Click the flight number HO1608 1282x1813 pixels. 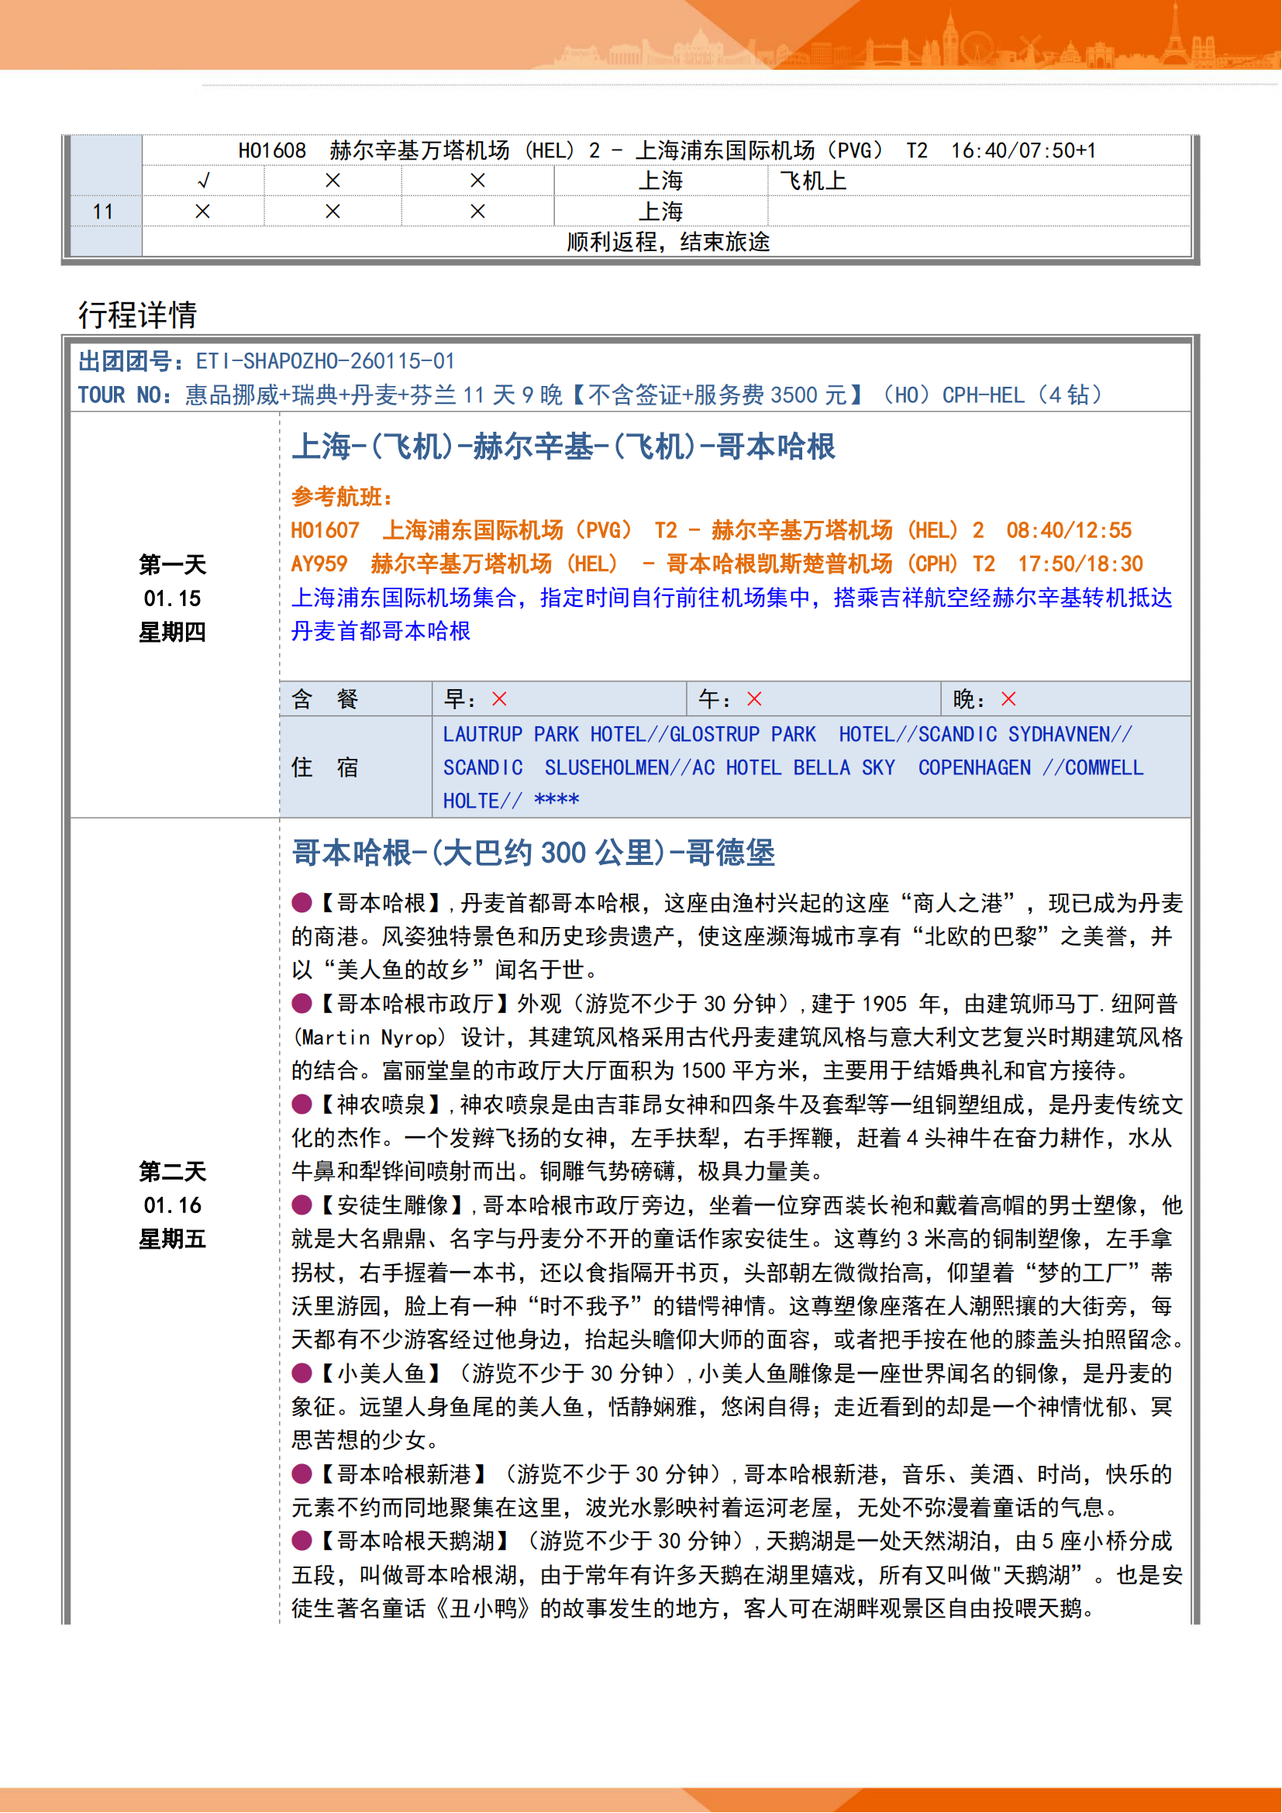pyautogui.click(x=271, y=150)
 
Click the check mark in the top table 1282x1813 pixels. pyautogui.click(x=203, y=181)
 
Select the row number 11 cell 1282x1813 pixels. pyautogui.click(x=102, y=212)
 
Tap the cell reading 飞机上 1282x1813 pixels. pyautogui.click(x=813, y=181)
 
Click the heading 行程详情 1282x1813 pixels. pyautogui.click(x=137, y=314)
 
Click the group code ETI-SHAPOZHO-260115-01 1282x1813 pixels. pyautogui.click(x=326, y=362)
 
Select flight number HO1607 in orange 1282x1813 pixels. pyautogui.click(x=325, y=531)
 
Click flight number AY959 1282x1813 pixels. pyautogui.click(x=319, y=564)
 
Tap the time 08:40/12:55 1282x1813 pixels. pyautogui.click(x=1069, y=531)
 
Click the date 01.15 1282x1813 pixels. pyautogui.click(x=172, y=598)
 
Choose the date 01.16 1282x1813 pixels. pyautogui.click(x=172, y=1205)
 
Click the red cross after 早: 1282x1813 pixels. pyautogui.click(x=500, y=699)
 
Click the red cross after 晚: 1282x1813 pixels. pyautogui.click(x=1009, y=699)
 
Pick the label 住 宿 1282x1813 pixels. pyautogui.click(x=325, y=767)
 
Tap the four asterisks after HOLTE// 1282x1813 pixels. pyautogui.click(x=557, y=801)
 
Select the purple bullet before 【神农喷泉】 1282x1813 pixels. pyautogui.click(x=302, y=1104)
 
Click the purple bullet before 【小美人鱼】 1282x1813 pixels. pyautogui.click(x=302, y=1374)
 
